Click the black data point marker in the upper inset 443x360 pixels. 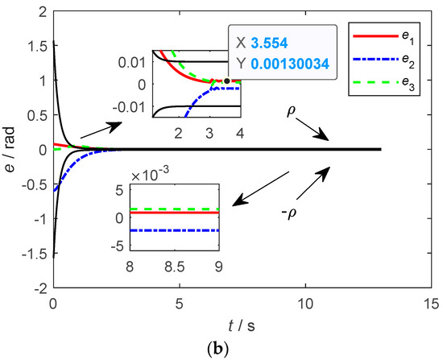click(227, 81)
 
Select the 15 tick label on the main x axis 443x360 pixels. click(432, 304)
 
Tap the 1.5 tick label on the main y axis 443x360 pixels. click(37, 46)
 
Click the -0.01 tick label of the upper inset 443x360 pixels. click(131, 106)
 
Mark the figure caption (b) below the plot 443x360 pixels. click(221, 349)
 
